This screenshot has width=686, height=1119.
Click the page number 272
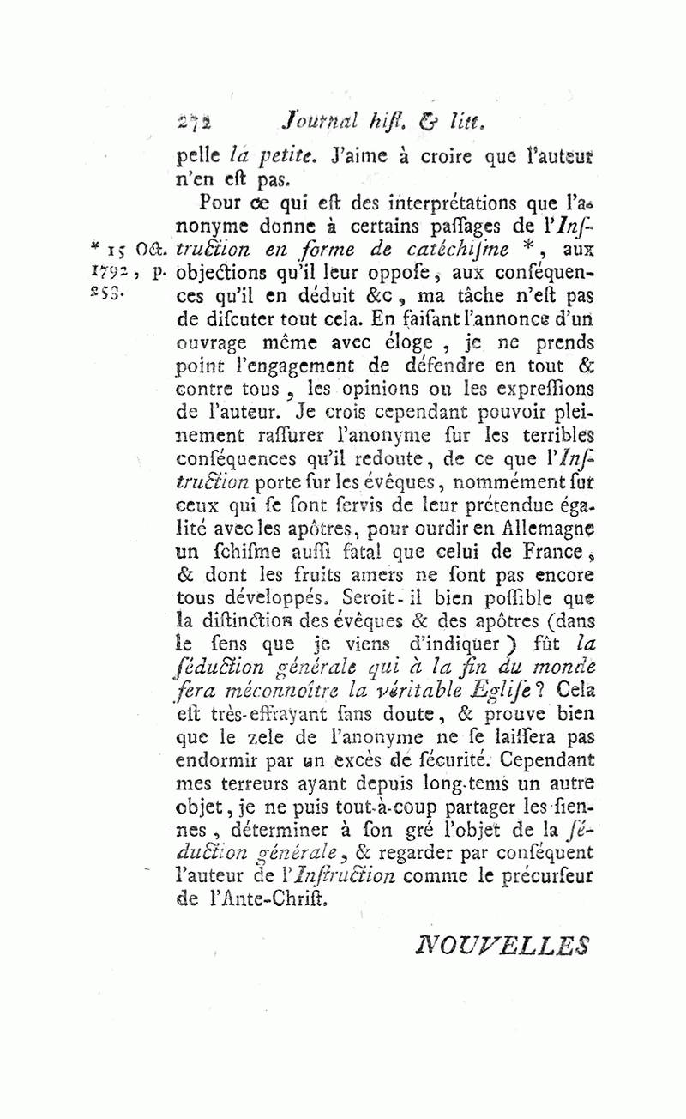pos(196,122)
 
